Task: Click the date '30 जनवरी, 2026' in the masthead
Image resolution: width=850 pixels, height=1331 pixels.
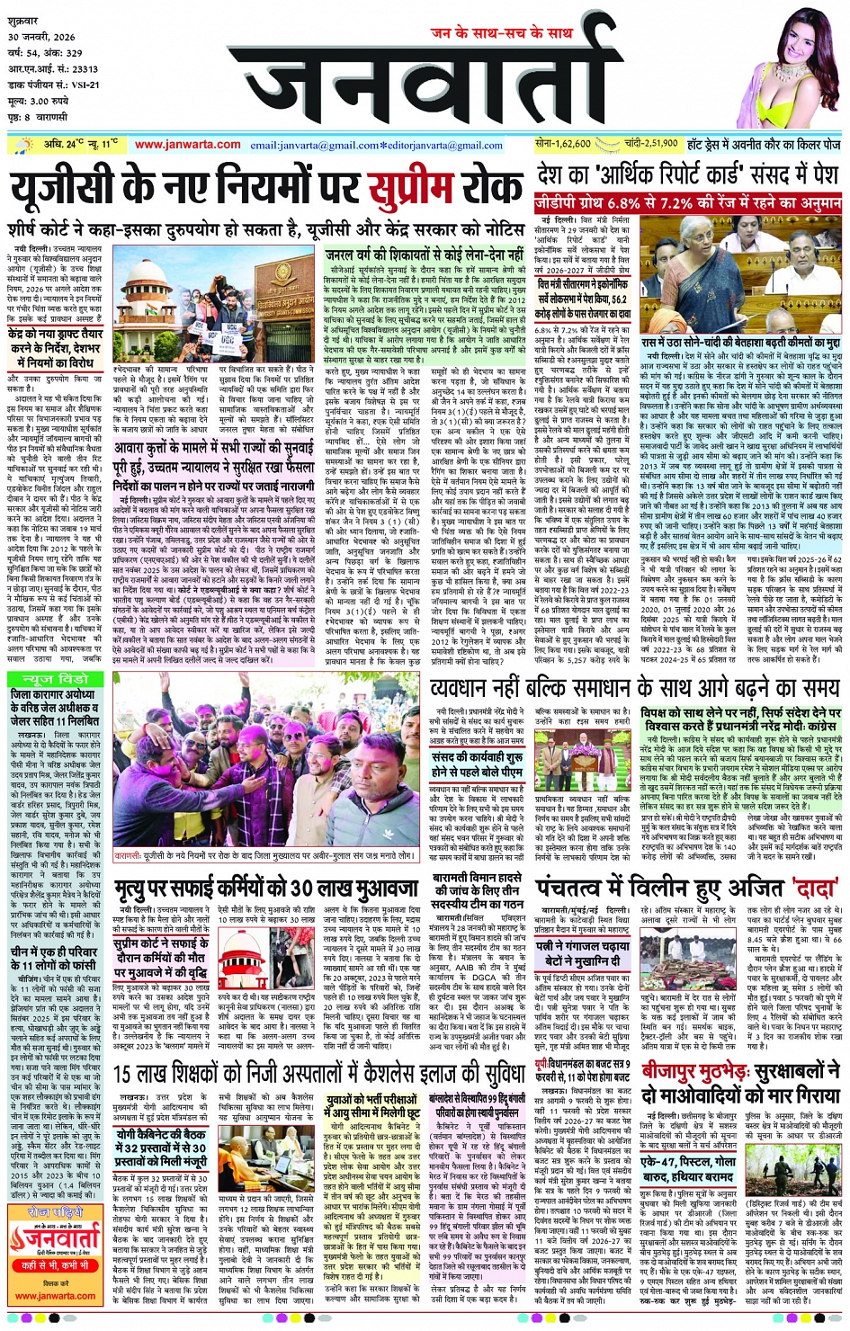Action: [43, 37]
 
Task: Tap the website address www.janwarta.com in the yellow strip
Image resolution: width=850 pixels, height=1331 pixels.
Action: [187, 145]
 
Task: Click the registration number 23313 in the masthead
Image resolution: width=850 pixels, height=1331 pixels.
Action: [85, 68]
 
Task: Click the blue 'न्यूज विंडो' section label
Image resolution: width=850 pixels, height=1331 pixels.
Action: [58, 679]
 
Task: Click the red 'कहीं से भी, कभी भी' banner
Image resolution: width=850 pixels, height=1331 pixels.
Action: [54, 1265]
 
